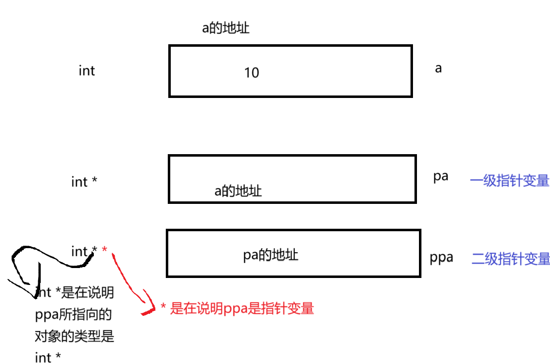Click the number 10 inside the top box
tap(252, 73)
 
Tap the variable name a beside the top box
tap(438, 68)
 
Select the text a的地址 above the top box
tap(225, 28)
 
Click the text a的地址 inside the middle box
tap(238, 191)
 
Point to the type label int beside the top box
tap(86, 71)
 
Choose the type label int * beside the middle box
tap(84, 182)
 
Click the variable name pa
tap(441, 177)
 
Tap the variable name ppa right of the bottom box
tap(441, 258)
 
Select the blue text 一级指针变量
tap(509, 181)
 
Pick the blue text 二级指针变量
tap(510, 259)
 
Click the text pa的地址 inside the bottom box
tap(271, 256)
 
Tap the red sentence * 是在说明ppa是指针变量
tap(237, 308)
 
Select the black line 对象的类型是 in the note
tap(74, 336)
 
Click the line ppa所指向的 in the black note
tap(73, 314)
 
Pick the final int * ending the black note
tap(48, 357)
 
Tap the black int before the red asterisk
tap(79, 252)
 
